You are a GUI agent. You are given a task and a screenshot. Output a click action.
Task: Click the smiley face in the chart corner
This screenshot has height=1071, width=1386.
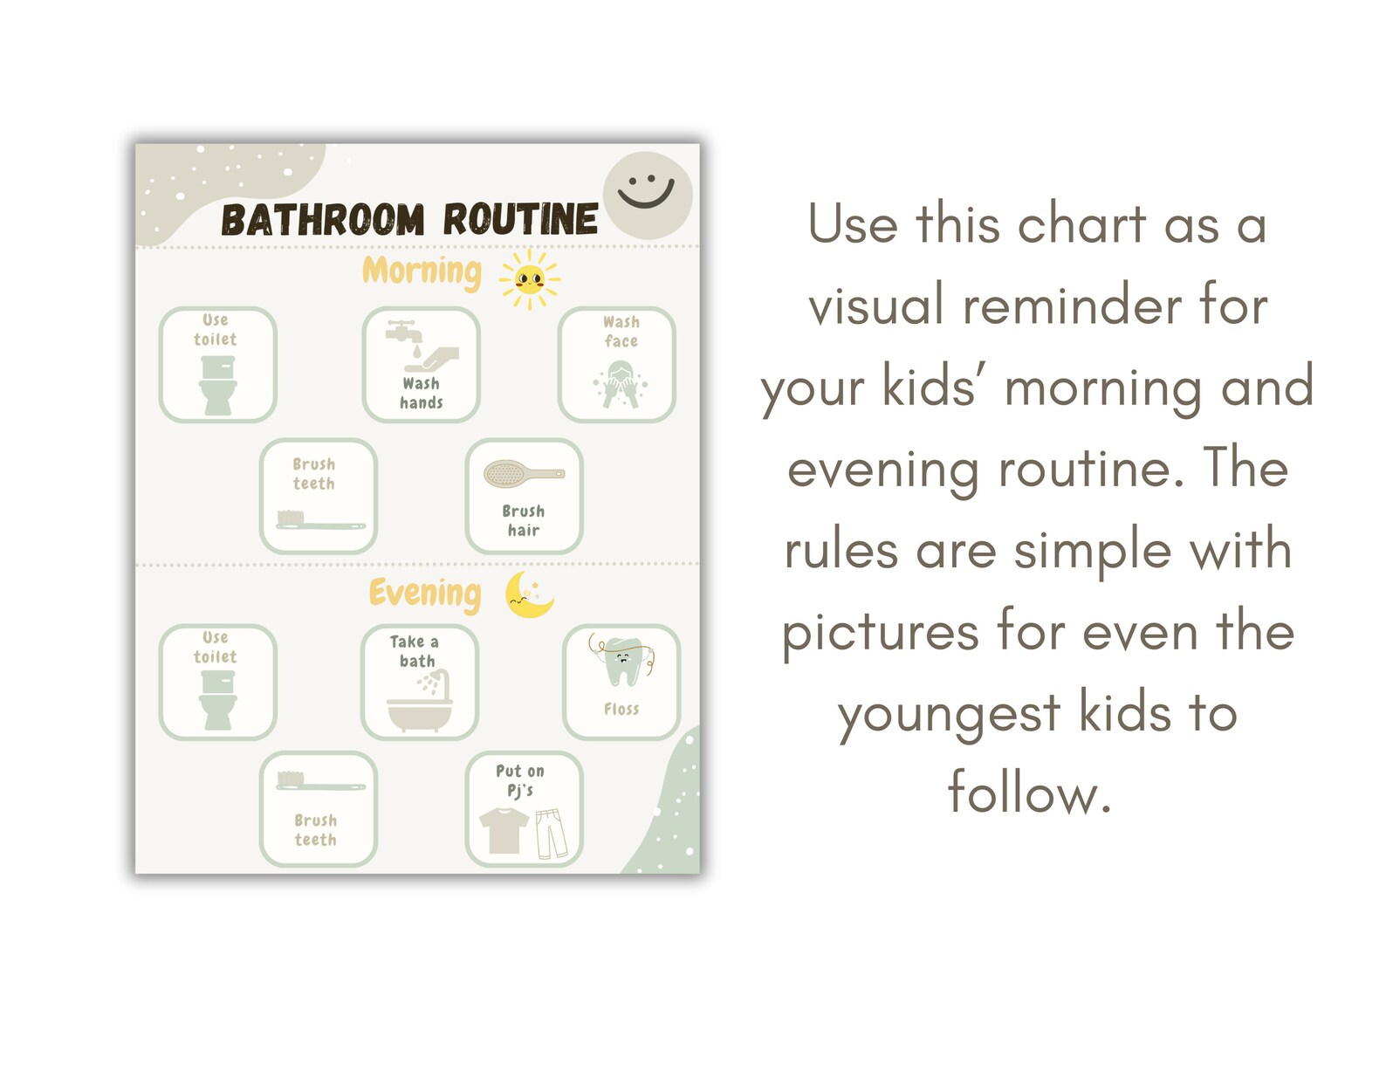[647, 195]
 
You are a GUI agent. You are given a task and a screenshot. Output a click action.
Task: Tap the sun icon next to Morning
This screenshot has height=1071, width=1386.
[530, 279]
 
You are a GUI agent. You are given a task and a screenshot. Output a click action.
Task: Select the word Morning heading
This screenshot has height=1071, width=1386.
[422, 271]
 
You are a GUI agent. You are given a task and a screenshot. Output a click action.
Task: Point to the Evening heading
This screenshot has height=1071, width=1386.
[425, 594]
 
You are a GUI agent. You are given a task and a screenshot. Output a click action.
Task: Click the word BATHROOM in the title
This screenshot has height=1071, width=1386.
[323, 220]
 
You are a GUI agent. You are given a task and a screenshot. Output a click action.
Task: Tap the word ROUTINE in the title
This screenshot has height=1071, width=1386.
[520, 219]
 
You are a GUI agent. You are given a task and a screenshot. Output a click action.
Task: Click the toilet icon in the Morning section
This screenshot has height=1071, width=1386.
[217, 385]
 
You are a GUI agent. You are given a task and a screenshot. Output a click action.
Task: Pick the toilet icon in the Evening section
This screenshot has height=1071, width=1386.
[217, 700]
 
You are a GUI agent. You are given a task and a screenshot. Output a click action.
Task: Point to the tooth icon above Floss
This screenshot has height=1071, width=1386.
[623, 663]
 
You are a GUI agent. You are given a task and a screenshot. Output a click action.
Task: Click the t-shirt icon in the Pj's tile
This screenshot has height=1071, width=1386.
[504, 829]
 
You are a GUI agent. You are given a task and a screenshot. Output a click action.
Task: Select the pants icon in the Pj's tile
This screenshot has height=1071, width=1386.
[551, 833]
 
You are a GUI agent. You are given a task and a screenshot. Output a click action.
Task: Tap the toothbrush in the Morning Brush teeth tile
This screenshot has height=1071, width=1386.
[319, 520]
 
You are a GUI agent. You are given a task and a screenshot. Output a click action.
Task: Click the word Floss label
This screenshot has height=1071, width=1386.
[621, 710]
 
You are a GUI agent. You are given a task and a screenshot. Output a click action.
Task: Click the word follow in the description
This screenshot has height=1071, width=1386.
[1029, 793]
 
